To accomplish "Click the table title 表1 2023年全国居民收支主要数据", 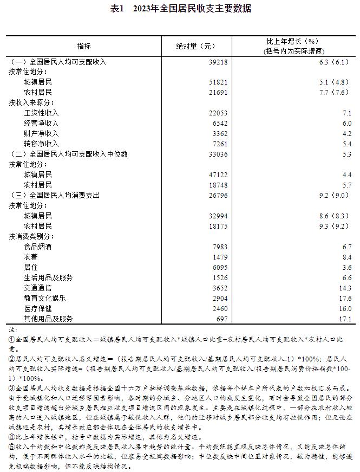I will tap(180, 9).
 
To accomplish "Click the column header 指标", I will tap(84, 46).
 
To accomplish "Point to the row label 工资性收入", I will tap(41, 113).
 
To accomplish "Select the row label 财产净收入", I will tap(41, 133).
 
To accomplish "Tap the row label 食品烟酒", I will tap(38, 247).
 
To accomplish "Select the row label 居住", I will tap(31, 267).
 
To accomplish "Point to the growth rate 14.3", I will tap(344, 288).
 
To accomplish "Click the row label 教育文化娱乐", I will tap(45, 298).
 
